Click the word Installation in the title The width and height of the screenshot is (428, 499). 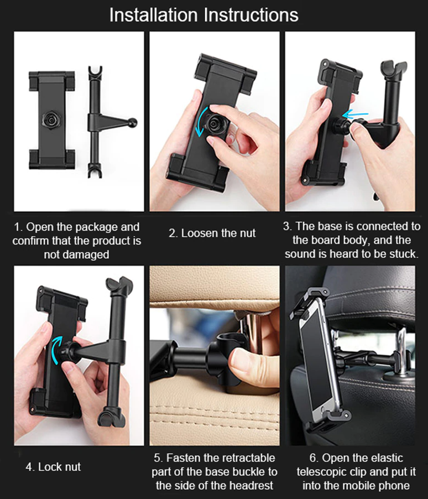tap(153, 14)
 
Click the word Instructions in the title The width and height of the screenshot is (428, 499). tap(251, 14)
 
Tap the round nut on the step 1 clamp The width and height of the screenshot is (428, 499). tap(51, 119)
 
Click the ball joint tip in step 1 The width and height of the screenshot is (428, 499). tap(134, 122)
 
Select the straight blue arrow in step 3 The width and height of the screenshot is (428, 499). tap(357, 113)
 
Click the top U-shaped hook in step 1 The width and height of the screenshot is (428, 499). tap(95, 72)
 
